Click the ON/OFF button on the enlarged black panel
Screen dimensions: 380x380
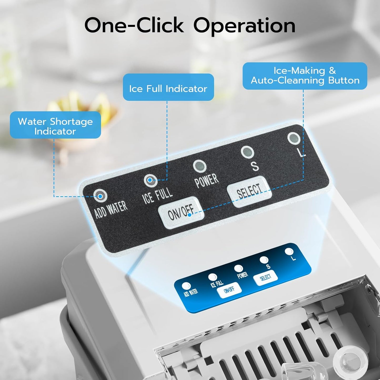coord(181,213)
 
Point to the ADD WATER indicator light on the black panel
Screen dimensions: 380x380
coord(100,196)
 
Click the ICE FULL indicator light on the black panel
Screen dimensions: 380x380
coord(150,180)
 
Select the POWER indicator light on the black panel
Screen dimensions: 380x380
coord(200,166)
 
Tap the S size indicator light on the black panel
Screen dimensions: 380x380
coord(247,152)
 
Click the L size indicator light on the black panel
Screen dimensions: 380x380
coord(294,138)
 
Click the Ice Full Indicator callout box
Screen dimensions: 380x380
coord(168,87)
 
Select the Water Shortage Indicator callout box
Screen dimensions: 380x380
coord(55,125)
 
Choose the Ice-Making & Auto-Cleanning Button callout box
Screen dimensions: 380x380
coord(305,76)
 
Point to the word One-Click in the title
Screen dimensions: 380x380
coord(134,25)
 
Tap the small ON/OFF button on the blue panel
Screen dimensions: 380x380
coord(229,290)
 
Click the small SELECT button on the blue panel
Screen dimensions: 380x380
coord(265,278)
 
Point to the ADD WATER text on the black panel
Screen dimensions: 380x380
coord(111,210)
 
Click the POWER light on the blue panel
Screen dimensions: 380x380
coord(239,268)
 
